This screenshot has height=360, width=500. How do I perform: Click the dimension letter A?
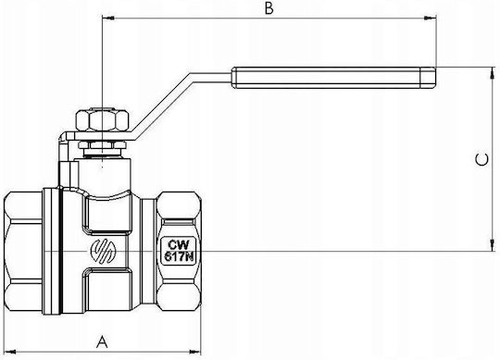102,341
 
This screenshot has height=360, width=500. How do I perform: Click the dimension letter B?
269,8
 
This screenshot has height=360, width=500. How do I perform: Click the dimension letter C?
481,159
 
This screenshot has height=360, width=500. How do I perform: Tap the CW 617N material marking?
179,251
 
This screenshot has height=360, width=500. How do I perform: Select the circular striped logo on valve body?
103,250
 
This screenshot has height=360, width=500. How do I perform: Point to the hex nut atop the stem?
103,120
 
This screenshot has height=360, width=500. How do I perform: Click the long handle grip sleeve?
333,78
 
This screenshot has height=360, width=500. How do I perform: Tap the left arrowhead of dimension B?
107,19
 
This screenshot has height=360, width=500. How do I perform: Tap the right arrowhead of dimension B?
430,19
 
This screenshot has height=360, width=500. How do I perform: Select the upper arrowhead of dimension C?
493,73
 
